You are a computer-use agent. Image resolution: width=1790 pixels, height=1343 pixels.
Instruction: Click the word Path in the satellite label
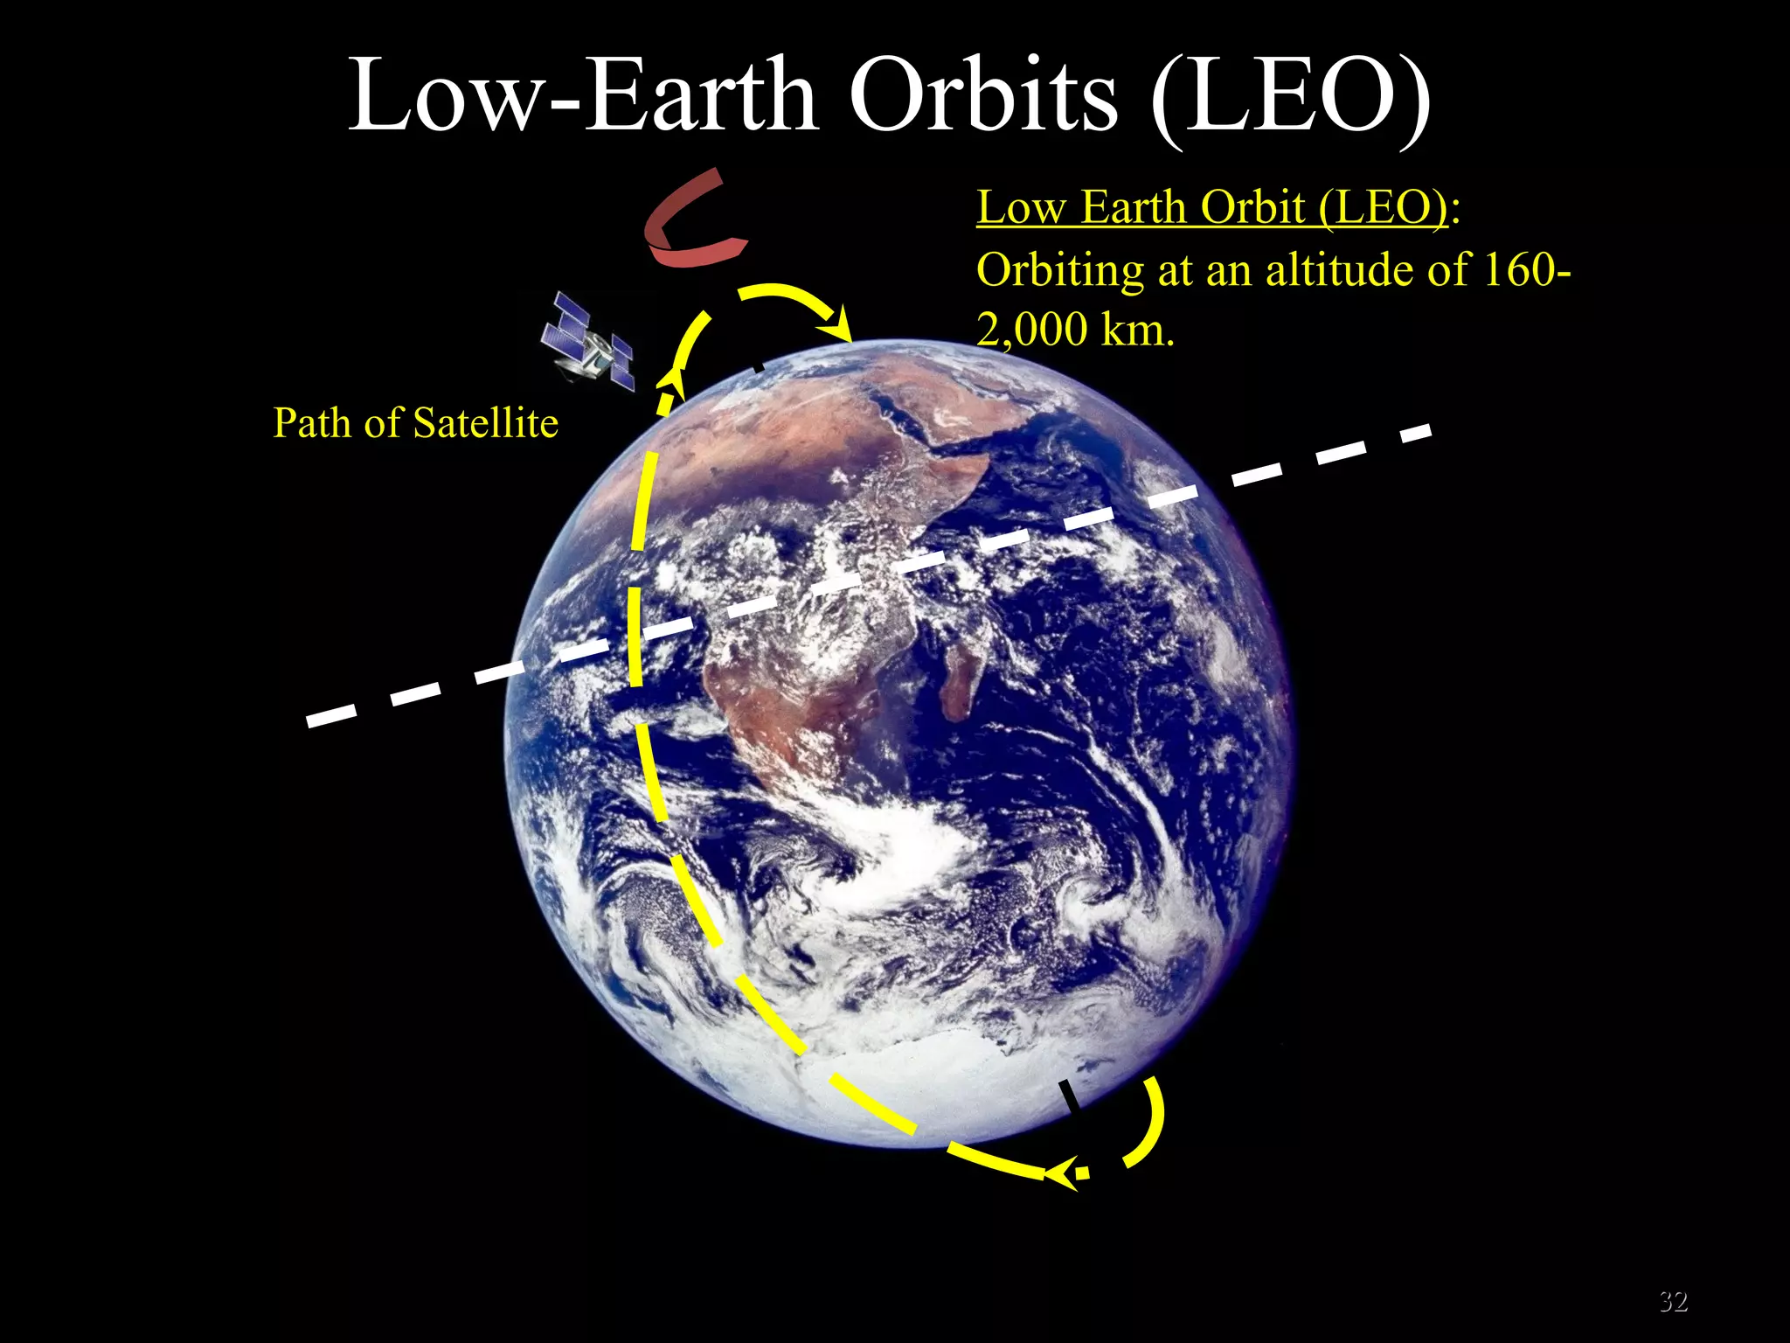pos(312,423)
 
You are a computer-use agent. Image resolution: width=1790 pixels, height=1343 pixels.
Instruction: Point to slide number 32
pos(1673,1301)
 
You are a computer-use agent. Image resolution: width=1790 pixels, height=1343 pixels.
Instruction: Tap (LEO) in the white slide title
pos(1290,96)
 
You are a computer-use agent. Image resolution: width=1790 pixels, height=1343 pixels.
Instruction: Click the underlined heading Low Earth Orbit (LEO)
pos(1211,208)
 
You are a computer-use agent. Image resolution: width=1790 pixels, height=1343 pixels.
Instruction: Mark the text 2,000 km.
pos(1075,331)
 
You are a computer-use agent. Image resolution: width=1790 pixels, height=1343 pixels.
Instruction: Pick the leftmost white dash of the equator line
pos(331,714)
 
